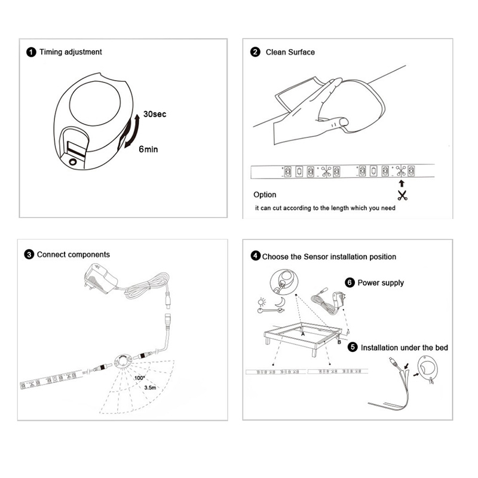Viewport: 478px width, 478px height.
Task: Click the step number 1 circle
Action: tap(31, 52)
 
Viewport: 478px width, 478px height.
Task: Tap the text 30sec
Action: tap(155, 114)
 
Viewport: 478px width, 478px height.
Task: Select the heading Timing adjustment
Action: tap(71, 52)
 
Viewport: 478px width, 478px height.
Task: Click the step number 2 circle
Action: tap(255, 52)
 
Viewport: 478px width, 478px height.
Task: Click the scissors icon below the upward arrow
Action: tap(402, 195)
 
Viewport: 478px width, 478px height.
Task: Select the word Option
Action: tap(265, 195)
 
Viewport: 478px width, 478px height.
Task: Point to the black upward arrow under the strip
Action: tap(402, 182)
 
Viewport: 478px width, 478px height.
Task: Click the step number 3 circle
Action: tap(29, 254)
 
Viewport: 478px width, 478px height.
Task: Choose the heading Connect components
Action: tap(73, 254)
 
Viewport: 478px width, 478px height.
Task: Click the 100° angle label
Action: tap(140, 378)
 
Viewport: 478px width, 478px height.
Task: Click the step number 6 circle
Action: tap(350, 283)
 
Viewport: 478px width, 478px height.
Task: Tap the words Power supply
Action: tap(381, 283)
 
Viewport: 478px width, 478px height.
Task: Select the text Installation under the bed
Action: tap(405, 347)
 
